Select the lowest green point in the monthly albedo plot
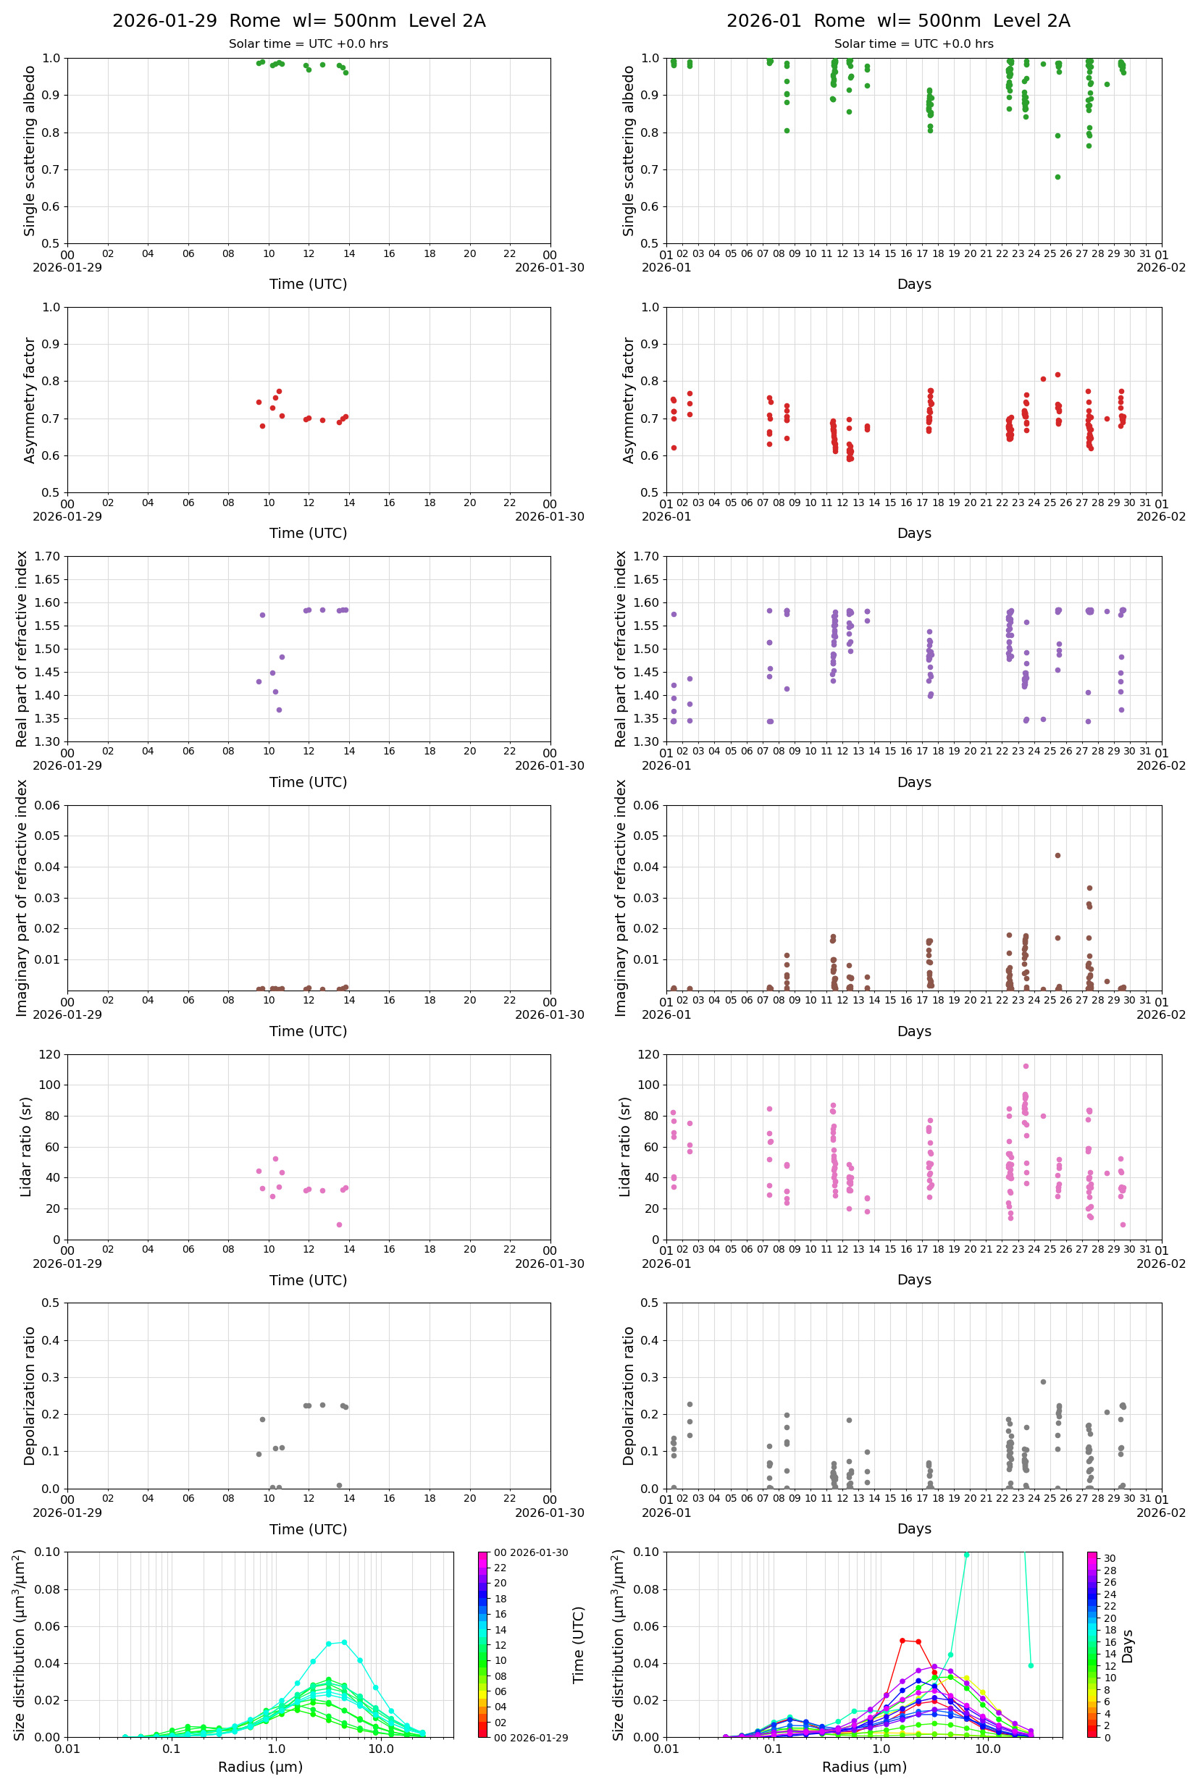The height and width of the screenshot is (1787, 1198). click(1057, 177)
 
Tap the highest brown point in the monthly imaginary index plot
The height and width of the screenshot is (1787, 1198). click(1057, 855)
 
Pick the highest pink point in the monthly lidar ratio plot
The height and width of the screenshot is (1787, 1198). click(1026, 1066)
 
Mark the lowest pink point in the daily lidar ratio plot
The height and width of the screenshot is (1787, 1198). click(339, 1225)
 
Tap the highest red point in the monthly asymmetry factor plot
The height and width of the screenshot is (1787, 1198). click(1057, 375)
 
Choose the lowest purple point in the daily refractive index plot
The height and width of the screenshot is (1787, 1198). click(279, 710)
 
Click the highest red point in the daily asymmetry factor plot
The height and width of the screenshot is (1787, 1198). click(279, 391)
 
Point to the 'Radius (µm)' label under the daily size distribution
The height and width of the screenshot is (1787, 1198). click(261, 1767)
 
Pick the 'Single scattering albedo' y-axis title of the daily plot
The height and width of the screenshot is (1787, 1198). click(30, 151)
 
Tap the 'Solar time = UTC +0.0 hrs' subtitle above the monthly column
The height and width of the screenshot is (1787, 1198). click(914, 44)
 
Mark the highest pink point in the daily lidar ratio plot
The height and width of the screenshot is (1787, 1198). click(276, 1159)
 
